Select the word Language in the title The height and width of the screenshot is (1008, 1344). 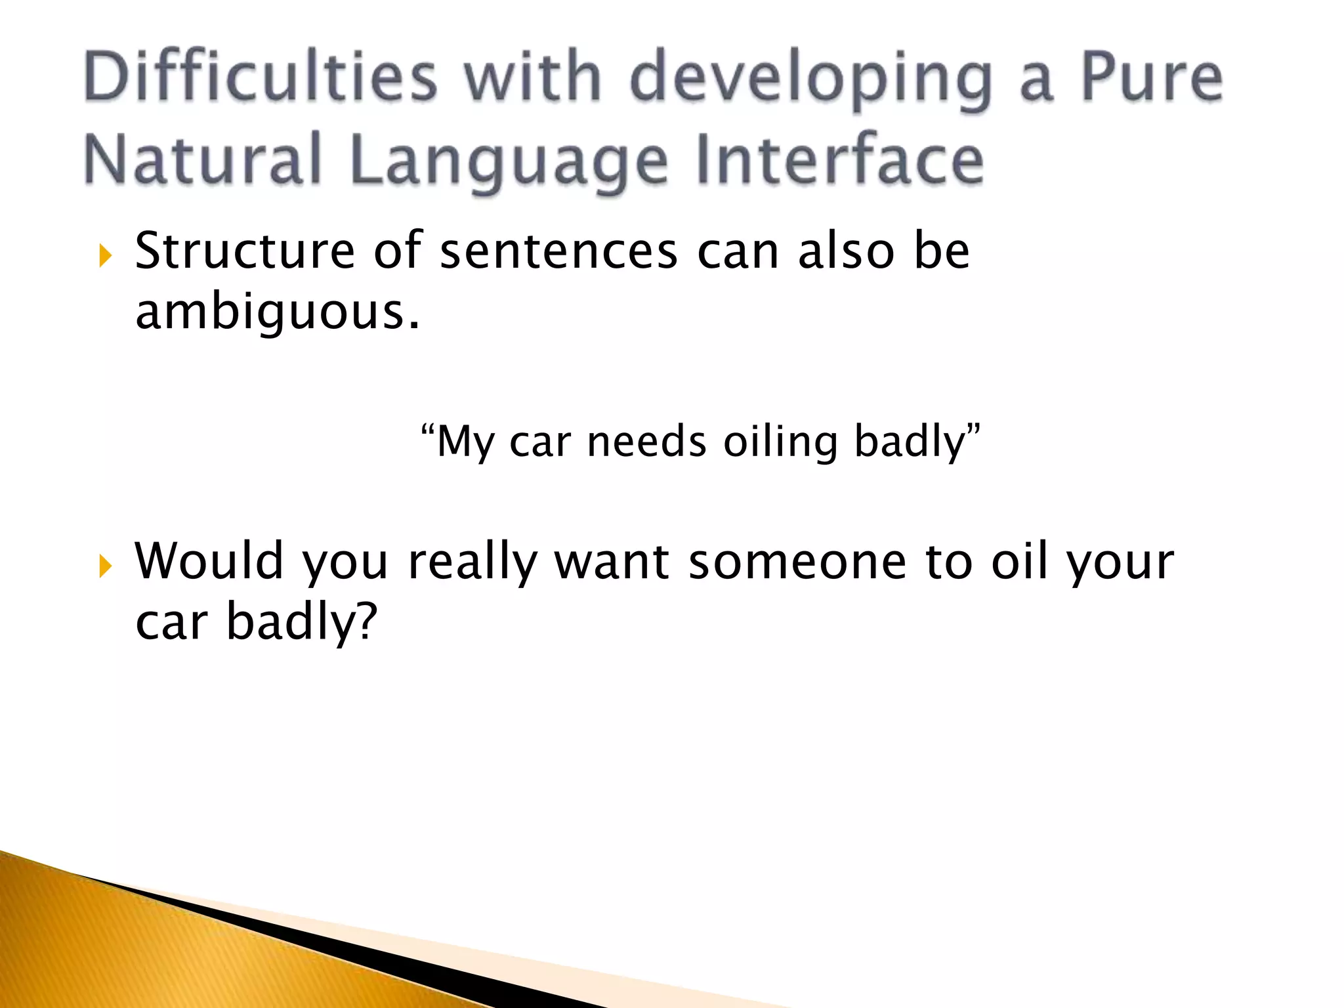(x=509, y=161)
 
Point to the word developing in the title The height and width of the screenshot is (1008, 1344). (x=810, y=79)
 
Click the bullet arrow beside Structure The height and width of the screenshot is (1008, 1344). (x=105, y=255)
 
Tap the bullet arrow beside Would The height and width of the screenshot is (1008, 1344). (x=105, y=566)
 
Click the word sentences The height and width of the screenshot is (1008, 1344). (x=558, y=252)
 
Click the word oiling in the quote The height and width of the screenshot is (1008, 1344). (x=780, y=442)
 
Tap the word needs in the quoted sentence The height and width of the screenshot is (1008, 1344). (x=646, y=442)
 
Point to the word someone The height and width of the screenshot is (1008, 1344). (x=797, y=562)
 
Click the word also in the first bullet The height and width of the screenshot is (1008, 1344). (x=846, y=251)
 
